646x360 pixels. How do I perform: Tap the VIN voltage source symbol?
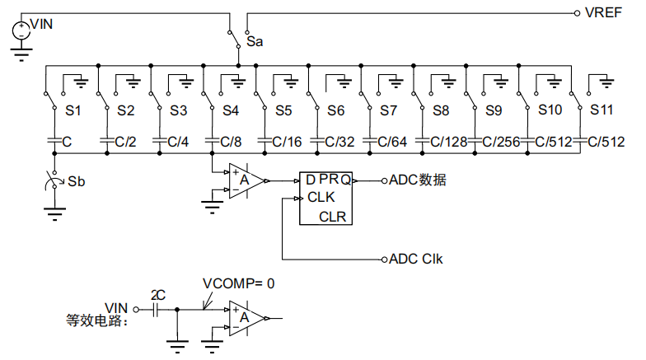[21, 30]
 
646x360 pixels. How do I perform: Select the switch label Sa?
[255, 40]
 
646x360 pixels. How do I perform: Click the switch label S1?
[73, 110]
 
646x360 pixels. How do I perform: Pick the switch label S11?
[602, 110]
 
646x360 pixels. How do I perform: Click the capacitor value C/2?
[125, 142]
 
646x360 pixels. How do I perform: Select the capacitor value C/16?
[287, 142]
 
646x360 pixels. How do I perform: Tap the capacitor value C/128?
[448, 142]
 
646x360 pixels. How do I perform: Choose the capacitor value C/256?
[501, 142]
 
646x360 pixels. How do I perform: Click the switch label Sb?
[76, 180]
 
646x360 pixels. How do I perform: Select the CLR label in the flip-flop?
[333, 217]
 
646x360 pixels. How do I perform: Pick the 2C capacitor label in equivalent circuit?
[158, 294]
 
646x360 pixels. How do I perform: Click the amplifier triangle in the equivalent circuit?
[247, 317]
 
